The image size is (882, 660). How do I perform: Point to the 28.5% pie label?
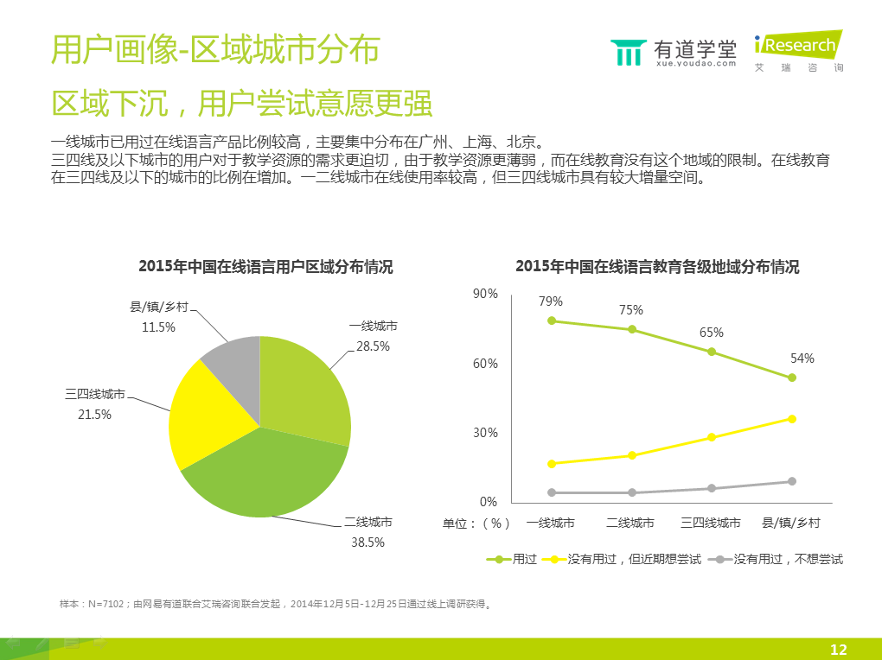click(x=374, y=346)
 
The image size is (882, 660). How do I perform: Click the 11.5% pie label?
click(x=159, y=327)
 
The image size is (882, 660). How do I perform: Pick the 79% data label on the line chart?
click(x=551, y=301)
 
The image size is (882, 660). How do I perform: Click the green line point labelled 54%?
click(x=791, y=378)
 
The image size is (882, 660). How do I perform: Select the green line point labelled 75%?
click(x=632, y=329)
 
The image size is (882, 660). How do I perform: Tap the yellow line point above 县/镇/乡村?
click(x=791, y=419)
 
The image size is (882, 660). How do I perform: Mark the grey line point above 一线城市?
click(x=552, y=492)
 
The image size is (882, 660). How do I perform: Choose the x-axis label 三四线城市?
click(x=711, y=523)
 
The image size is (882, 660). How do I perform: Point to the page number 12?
click(x=838, y=650)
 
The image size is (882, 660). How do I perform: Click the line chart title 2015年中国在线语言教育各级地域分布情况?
click(x=657, y=267)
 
